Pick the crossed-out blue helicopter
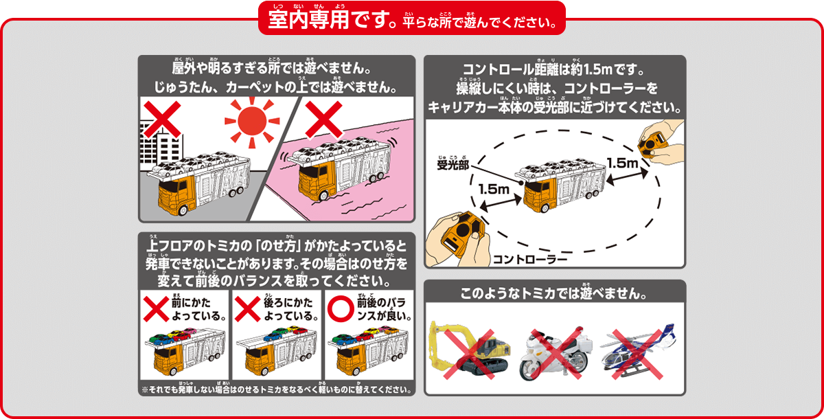[638, 351]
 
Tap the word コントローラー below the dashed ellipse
[529, 259]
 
